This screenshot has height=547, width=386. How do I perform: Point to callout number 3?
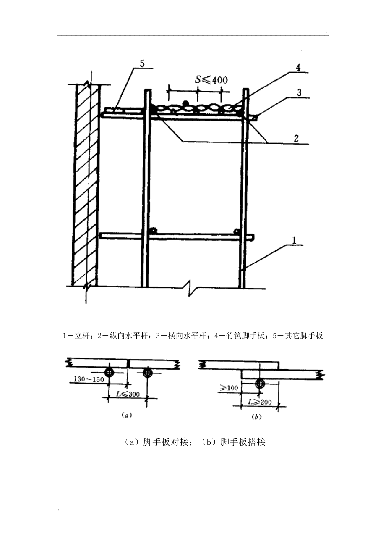click(299, 92)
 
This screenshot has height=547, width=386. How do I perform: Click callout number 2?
click(297, 139)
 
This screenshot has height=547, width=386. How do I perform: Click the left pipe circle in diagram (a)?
click(110, 372)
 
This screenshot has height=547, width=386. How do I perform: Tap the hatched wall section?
click(86, 185)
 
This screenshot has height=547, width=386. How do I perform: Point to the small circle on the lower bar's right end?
click(237, 231)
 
